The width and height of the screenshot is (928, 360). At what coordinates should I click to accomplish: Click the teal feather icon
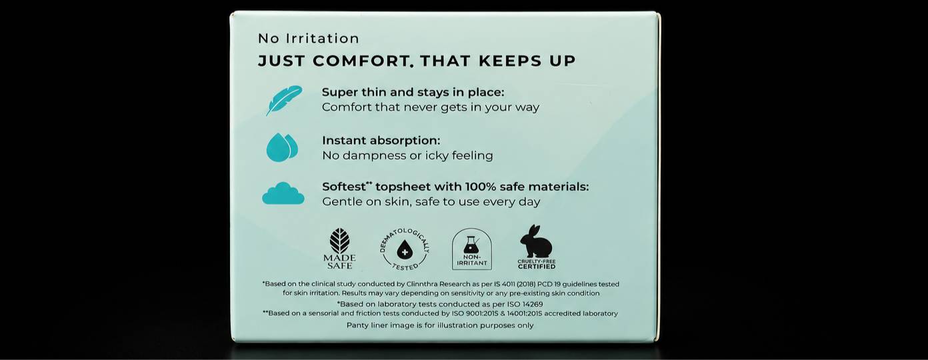tap(284, 100)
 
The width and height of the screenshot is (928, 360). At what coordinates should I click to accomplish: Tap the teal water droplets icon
tap(282, 147)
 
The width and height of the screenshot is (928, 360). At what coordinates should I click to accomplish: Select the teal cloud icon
tap(283, 193)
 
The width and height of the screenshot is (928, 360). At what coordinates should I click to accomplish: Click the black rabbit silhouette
tap(536, 241)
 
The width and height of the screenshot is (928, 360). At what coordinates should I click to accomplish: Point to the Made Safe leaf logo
tap(339, 249)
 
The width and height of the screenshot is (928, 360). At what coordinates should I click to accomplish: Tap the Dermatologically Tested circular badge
tap(405, 250)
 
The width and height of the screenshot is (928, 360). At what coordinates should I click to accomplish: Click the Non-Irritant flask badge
tap(472, 249)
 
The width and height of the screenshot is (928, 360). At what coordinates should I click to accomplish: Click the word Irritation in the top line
tap(322, 39)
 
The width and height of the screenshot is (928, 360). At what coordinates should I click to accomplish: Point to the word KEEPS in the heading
tap(510, 61)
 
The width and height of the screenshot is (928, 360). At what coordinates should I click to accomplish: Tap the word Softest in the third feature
tap(344, 187)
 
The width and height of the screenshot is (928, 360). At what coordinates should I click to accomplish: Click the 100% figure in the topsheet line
tap(481, 187)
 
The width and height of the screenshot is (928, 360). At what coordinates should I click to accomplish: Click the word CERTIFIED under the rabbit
tap(537, 267)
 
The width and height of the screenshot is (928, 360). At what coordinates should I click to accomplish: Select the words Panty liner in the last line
tap(365, 325)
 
